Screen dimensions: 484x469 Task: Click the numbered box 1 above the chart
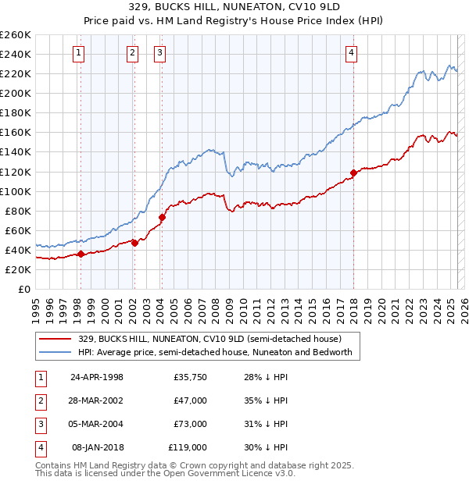pos(81,53)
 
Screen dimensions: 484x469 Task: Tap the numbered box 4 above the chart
pos(352,53)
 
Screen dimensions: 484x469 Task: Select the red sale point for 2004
pos(162,217)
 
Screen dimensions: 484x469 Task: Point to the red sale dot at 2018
pos(353,173)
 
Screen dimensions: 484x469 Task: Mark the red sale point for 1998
pos(81,254)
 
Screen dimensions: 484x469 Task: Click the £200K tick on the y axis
pos(16,93)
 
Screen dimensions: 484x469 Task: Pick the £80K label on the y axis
pos(18,211)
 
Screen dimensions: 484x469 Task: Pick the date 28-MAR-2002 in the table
pos(97,400)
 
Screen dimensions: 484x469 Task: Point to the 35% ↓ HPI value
pos(267,400)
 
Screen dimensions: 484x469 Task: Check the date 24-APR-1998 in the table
pos(97,377)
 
